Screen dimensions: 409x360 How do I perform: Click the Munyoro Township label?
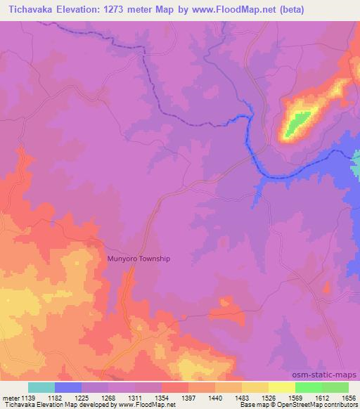(139, 259)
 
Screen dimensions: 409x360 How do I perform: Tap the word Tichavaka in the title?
(30, 9)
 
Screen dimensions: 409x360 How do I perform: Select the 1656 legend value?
(349, 398)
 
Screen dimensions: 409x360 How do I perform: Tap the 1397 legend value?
(188, 398)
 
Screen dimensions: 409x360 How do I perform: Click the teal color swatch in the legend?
(41, 387)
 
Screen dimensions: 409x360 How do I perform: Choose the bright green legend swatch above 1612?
(309, 387)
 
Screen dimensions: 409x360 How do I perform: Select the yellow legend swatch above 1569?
(282, 387)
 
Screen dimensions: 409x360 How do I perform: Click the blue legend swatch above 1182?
(68, 387)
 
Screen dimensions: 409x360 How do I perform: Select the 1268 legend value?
(108, 398)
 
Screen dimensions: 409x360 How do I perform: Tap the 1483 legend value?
(242, 398)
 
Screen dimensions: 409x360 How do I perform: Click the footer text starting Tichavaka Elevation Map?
(88, 405)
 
